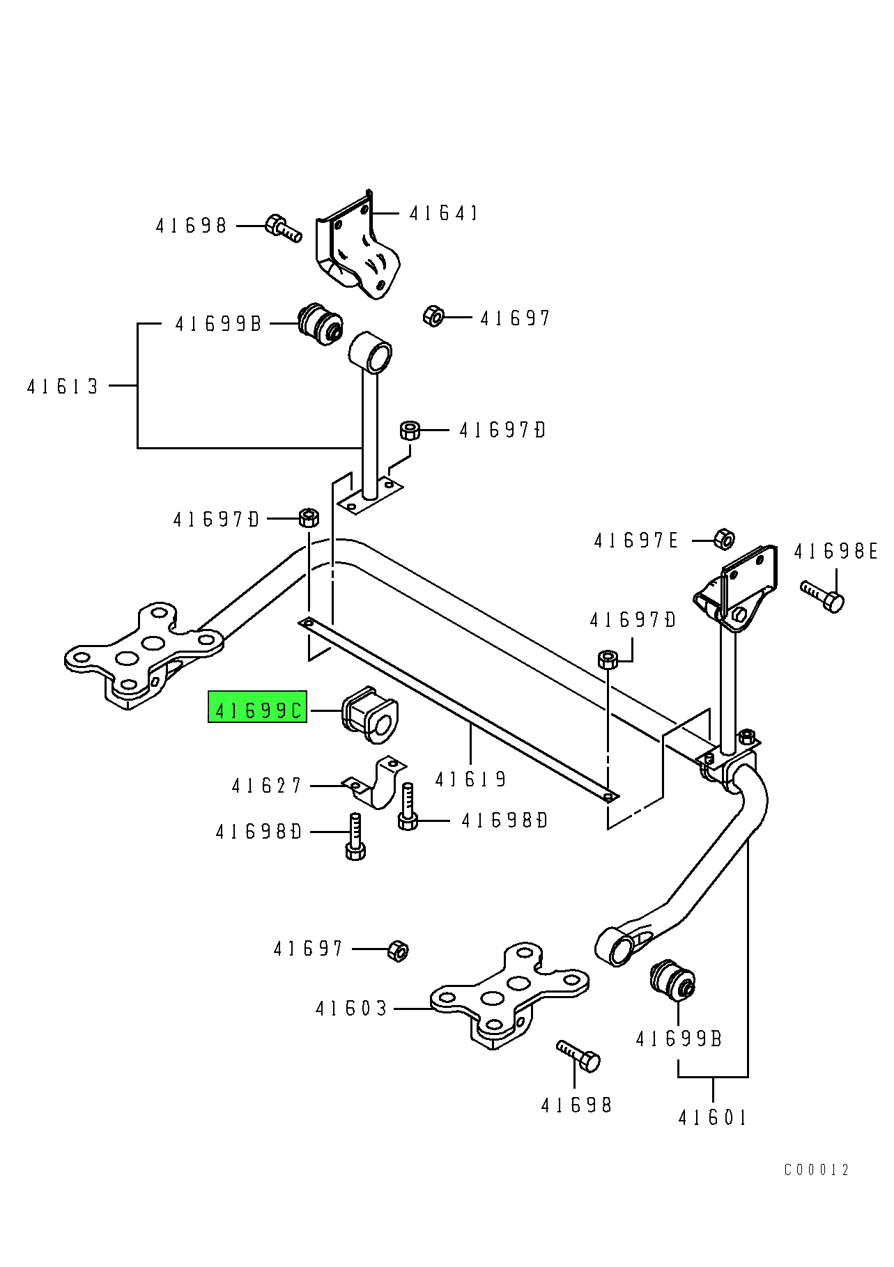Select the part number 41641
tap(444, 213)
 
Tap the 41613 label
tap(63, 387)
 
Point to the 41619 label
tap(470, 779)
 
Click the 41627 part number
tap(266, 786)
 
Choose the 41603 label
tap(351, 1009)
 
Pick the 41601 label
tap(712, 1118)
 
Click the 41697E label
tap(635, 541)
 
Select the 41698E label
tap(835, 552)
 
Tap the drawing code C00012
tap(817, 1170)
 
